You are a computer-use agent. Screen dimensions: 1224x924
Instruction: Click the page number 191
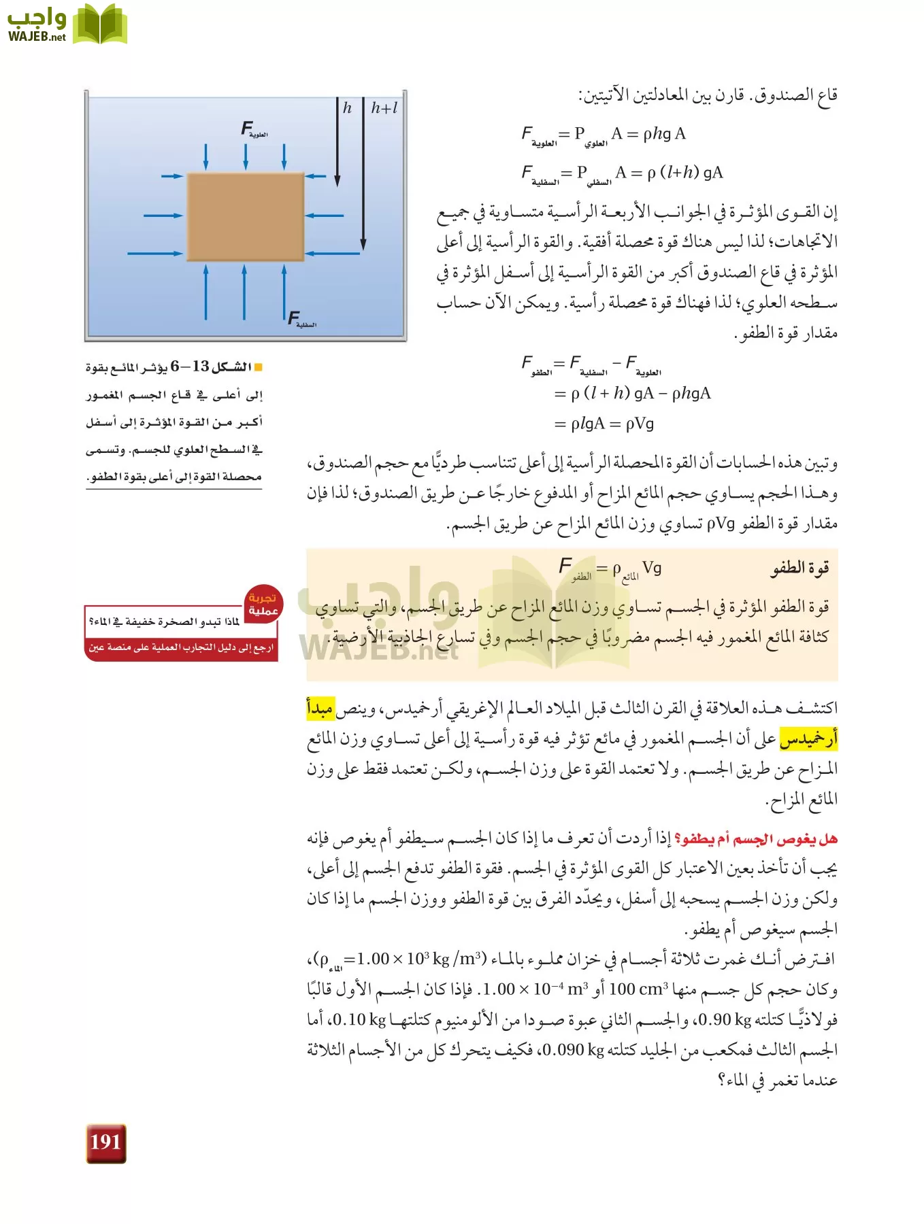pos(105,1142)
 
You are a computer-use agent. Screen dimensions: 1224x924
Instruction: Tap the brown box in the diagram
pos(246,216)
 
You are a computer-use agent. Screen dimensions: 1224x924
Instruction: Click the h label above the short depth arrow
pos(347,108)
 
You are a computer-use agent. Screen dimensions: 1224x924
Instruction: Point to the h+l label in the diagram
pos(384,108)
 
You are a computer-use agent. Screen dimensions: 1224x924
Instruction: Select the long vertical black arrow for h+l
pos(363,177)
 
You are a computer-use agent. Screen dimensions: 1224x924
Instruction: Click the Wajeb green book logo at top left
pos(99,24)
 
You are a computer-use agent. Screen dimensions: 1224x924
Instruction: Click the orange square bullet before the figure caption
pos(258,368)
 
